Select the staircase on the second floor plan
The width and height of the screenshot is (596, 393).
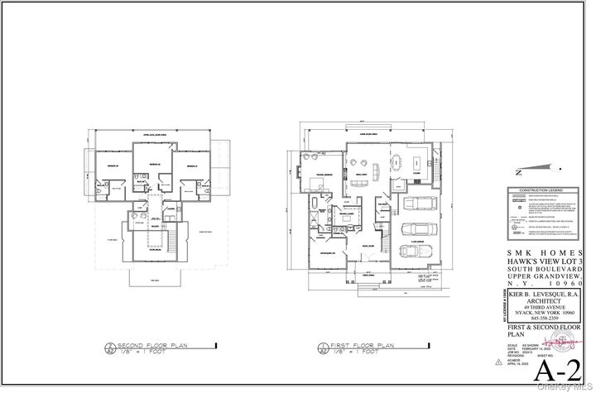click(x=174, y=241)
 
